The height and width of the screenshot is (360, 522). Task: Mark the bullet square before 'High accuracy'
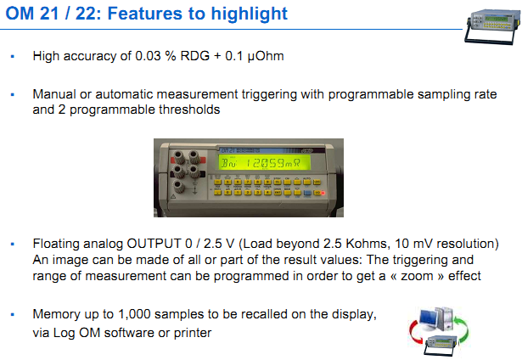pos(13,57)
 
